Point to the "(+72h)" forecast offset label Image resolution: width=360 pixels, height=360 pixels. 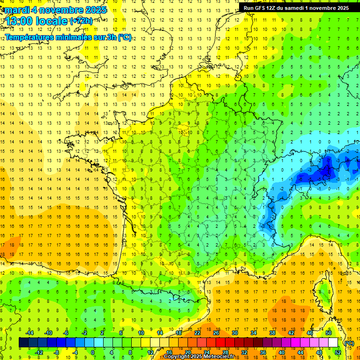pyautogui.click(x=81, y=21)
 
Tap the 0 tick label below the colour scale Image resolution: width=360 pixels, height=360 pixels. pyautogui.click(x=93, y=352)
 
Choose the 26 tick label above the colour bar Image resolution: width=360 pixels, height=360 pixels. pyautogui.click(x=216, y=333)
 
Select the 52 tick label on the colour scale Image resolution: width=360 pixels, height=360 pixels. pyautogui.click(x=338, y=352)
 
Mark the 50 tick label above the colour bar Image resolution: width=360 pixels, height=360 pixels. pyautogui.click(x=329, y=333)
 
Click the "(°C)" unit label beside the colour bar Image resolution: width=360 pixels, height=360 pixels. pyautogui.click(x=349, y=343)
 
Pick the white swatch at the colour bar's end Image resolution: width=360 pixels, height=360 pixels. pyautogui.click(x=333, y=343)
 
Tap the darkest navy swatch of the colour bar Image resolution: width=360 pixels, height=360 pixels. pyautogui.click(x=23, y=343)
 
